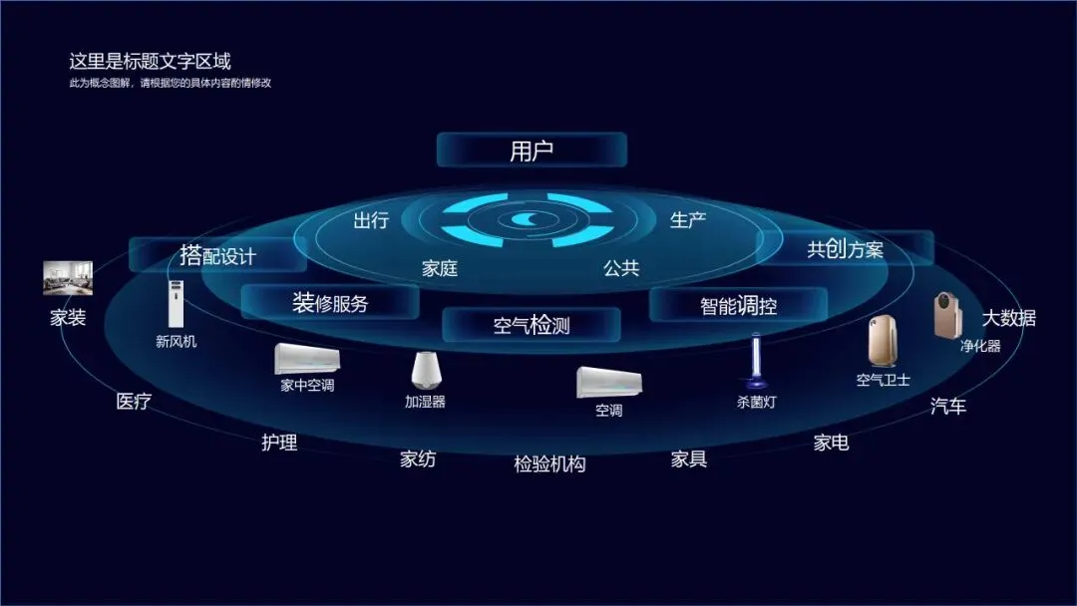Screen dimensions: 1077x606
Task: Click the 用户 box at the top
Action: click(532, 151)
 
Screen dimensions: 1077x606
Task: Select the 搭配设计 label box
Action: click(217, 255)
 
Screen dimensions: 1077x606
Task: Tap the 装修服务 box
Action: click(330, 303)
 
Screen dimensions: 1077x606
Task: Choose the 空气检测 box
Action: click(532, 324)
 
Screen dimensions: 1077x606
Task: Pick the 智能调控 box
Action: click(738, 305)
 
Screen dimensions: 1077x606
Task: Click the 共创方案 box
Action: click(845, 248)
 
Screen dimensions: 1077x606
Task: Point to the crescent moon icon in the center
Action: click(526, 220)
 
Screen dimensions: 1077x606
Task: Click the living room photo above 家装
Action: click(68, 278)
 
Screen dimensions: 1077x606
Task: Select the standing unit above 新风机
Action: click(177, 304)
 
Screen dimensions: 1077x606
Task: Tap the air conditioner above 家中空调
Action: click(307, 359)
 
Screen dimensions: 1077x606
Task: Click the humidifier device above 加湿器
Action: click(426, 369)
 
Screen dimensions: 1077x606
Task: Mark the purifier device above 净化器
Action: click(946, 314)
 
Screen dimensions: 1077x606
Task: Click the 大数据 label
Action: click(1009, 318)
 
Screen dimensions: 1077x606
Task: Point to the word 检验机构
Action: click(549, 463)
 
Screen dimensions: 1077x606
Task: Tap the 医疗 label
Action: click(134, 402)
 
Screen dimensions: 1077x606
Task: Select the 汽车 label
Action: click(948, 406)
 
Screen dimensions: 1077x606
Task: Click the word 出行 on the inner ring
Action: click(371, 220)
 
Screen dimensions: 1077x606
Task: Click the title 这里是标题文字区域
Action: click(150, 62)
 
